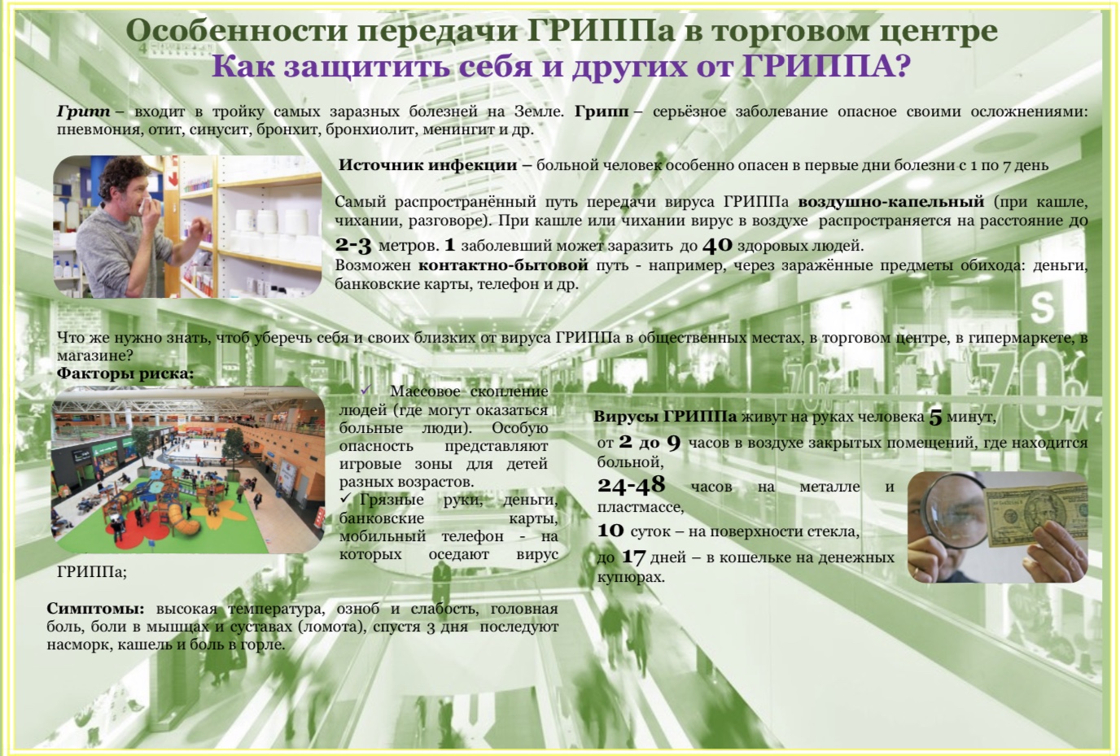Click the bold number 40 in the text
717,245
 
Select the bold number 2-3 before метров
353,245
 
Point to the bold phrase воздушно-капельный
891,203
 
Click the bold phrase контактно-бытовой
503,265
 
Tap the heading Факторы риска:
125,374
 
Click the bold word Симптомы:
95,609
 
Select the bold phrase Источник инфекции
427,165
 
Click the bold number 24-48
631,484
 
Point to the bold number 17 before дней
633,557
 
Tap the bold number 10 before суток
610,530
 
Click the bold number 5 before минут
935,417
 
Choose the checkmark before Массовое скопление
365,390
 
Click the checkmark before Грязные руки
345,499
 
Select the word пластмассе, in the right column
641,508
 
